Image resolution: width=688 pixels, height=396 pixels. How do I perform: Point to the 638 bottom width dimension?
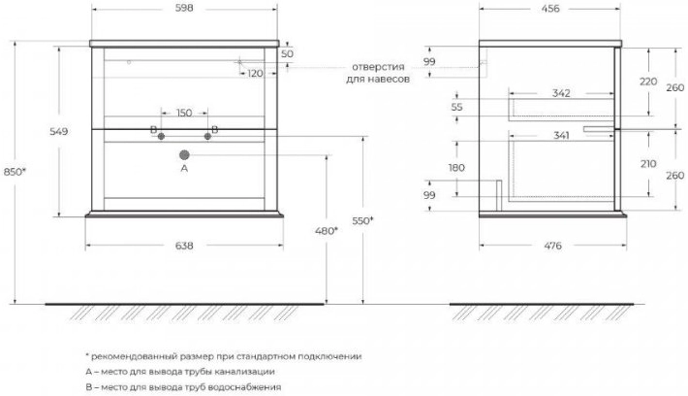click(184, 247)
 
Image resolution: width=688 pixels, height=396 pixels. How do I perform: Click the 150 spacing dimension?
click(184, 112)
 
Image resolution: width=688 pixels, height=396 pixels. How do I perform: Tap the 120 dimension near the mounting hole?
click(255, 74)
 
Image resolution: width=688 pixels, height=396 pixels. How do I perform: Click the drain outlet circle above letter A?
click(184, 153)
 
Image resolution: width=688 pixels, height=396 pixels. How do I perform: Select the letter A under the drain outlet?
click(184, 169)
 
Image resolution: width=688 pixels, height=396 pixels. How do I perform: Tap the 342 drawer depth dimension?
click(560, 93)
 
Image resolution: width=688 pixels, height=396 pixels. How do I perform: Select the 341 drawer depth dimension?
click(560, 137)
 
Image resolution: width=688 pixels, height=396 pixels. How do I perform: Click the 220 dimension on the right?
click(648, 82)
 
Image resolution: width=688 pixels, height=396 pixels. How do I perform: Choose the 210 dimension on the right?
click(648, 163)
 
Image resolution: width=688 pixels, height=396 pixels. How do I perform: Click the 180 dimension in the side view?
click(456, 168)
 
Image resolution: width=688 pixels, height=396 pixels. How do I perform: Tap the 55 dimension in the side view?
click(457, 106)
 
